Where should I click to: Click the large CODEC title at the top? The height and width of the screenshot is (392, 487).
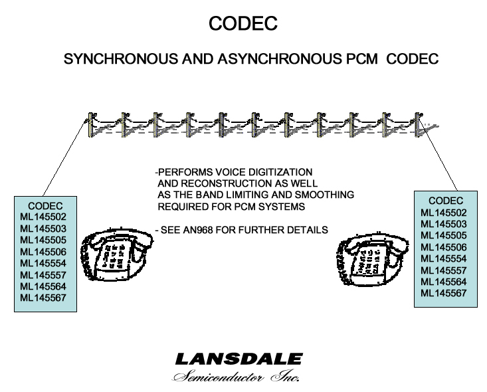[243, 23]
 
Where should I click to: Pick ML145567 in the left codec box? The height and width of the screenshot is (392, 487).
[44, 297]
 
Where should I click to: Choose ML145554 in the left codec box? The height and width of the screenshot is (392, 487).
[44, 262]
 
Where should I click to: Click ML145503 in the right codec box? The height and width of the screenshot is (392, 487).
[444, 224]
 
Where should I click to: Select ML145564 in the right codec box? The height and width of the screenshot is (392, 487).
[444, 282]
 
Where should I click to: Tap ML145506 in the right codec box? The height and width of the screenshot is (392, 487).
[444, 247]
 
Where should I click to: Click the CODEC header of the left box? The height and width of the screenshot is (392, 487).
[45, 206]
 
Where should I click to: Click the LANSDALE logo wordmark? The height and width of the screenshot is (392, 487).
[239, 360]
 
